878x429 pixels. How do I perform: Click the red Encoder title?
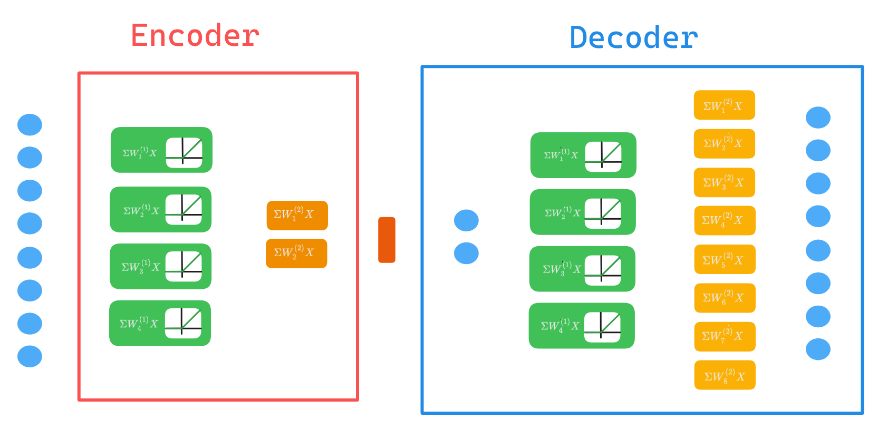(195, 36)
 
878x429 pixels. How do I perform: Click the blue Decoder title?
(634, 38)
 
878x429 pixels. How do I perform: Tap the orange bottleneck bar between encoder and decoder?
(387, 240)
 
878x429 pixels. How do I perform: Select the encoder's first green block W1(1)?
(161, 150)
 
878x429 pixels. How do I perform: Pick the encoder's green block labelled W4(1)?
(160, 323)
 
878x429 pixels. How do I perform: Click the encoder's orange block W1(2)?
(297, 215)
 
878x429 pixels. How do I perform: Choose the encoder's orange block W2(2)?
(296, 253)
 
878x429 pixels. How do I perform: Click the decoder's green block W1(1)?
(583, 155)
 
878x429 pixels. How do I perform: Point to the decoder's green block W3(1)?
(582, 269)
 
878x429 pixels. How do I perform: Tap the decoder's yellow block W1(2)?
(724, 105)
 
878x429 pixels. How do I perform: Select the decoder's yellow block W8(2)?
(725, 375)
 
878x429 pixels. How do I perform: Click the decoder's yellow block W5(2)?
(725, 259)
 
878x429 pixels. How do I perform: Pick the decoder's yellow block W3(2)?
(725, 182)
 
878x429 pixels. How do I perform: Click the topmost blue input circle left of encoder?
(30, 125)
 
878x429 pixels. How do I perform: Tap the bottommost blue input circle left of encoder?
(30, 356)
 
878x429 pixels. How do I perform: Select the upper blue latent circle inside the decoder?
(466, 220)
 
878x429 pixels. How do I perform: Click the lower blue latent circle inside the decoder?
(466, 253)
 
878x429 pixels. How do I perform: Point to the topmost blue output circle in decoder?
(818, 117)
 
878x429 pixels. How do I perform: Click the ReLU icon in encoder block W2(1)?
(184, 209)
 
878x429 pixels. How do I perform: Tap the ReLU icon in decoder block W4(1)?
(602, 327)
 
